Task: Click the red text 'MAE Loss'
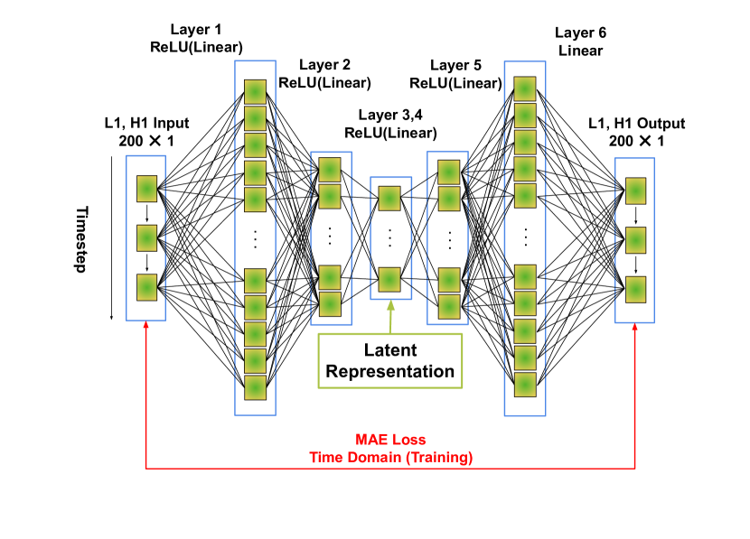tap(390, 440)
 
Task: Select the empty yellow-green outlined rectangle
tap(390, 361)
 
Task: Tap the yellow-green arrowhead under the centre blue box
tap(391, 306)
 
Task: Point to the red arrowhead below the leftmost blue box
tap(146, 327)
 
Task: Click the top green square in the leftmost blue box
tap(147, 189)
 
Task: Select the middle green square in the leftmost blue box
tap(147, 238)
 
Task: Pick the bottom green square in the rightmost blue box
tap(636, 290)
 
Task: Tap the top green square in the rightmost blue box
tap(636, 191)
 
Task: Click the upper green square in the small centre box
tap(389, 199)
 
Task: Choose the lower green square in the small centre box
tap(389, 280)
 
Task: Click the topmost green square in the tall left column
tap(256, 92)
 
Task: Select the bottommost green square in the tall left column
tap(256, 387)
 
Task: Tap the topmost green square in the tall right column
tap(525, 89)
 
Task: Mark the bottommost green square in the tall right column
tap(525, 385)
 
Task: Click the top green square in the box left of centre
tap(330, 170)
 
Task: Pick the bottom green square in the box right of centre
tap(449, 307)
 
